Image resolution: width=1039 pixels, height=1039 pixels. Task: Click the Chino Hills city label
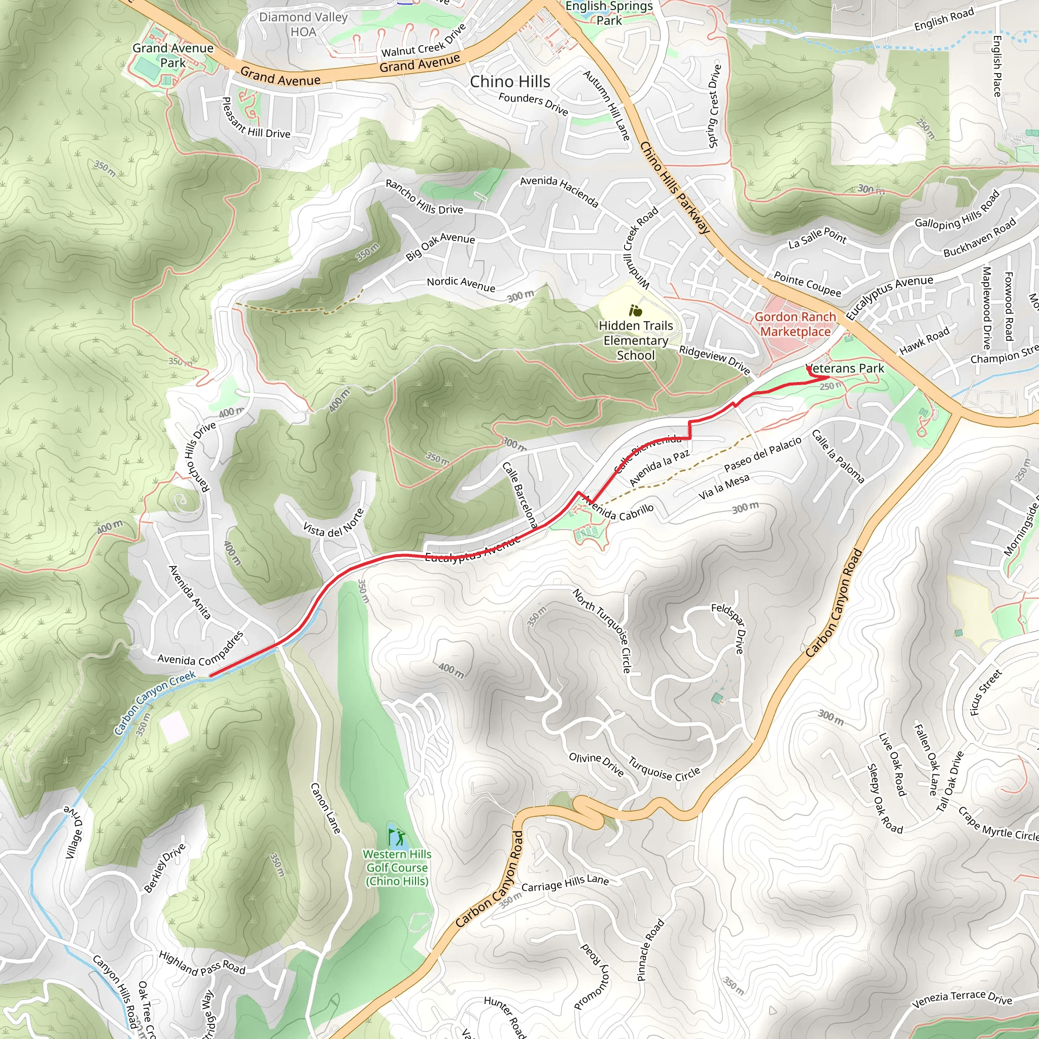point(510,82)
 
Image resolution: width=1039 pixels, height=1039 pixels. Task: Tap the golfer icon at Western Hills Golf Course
point(397,836)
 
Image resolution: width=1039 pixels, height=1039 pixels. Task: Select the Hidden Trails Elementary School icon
point(636,311)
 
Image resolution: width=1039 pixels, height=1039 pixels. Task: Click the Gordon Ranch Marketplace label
point(795,324)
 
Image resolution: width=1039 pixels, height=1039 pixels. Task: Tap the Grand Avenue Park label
point(172,55)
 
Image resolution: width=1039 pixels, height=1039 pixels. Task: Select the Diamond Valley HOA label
point(303,24)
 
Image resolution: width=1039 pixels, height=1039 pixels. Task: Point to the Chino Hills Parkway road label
point(675,188)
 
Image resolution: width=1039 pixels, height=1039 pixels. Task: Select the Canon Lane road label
point(326,808)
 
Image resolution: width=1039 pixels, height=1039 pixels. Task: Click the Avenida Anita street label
point(189,592)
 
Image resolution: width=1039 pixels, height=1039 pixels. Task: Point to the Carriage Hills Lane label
point(565,883)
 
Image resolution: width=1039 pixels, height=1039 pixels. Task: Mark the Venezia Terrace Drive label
point(962,999)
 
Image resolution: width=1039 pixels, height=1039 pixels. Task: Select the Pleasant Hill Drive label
point(256,118)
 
